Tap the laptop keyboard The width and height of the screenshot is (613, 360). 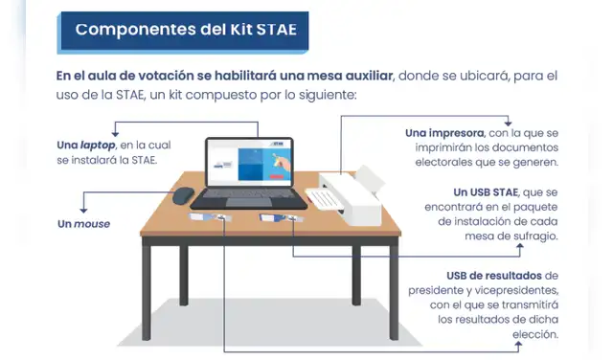pyautogui.click(x=243, y=196)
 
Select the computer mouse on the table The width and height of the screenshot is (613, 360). pyautogui.click(x=183, y=195)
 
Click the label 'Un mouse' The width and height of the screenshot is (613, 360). pyautogui.click(x=84, y=223)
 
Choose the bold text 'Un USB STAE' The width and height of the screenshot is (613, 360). pyautogui.click(x=491, y=191)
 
